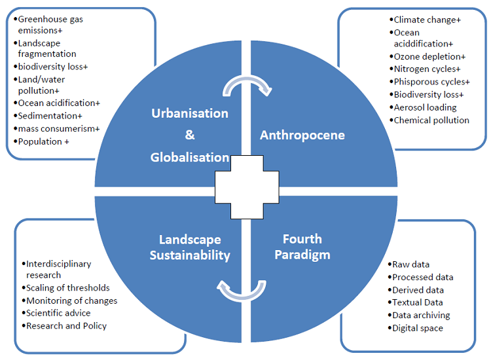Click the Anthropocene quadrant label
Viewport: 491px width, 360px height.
pyautogui.click(x=302, y=135)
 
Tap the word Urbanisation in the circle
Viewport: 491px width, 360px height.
pyautogui.click(x=190, y=113)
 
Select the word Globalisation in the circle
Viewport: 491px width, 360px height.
pyautogui.click(x=190, y=157)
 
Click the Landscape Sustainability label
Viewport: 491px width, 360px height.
pyautogui.click(x=190, y=247)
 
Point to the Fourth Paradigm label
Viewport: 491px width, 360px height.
pyautogui.click(x=302, y=246)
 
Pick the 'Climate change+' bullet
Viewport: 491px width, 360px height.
pyautogui.click(x=427, y=20)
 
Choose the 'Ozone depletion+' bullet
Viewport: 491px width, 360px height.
pyautogui.click(x=429, y=57)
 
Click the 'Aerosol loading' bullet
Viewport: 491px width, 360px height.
pyautogui.click(x=425, y=107)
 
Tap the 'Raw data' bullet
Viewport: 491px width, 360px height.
pyautogui.click(x=410, y=264)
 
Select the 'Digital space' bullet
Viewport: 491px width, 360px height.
pyautogui.click(x=417, y=328)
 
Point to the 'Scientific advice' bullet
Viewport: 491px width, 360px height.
pyautogui.click(x=58, y=313)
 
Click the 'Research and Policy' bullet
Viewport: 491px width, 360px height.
pyautogui.click(x=65, y=325)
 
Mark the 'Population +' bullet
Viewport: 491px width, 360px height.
pyautogui.click(x=43, y=141)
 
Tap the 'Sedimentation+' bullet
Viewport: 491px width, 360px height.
pyautogui.click(x=50, y=116)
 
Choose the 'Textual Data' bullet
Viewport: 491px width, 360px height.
pyautogui.click(x=417, y=302)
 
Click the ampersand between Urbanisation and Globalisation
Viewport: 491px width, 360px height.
pyautogui.click(x=190, y=135)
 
